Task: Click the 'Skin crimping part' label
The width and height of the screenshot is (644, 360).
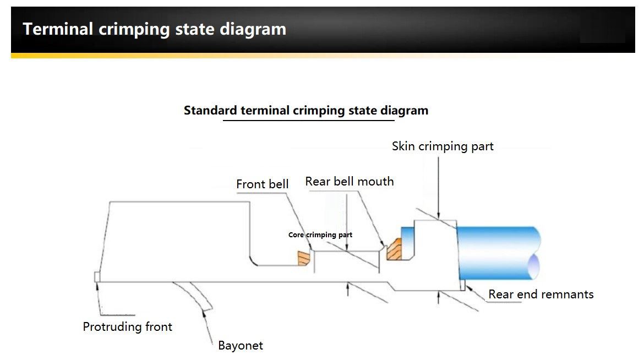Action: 443,146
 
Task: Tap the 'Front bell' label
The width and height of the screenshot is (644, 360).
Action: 262,184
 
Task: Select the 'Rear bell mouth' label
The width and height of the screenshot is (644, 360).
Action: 350,182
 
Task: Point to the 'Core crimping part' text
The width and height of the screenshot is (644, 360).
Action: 320,235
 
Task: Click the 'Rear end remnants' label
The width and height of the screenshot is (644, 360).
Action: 541,294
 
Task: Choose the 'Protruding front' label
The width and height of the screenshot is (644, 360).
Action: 127,327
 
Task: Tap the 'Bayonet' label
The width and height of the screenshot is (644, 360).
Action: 241,346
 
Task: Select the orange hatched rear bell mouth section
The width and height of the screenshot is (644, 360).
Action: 394,249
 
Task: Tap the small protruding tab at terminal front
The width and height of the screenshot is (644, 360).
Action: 97,276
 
